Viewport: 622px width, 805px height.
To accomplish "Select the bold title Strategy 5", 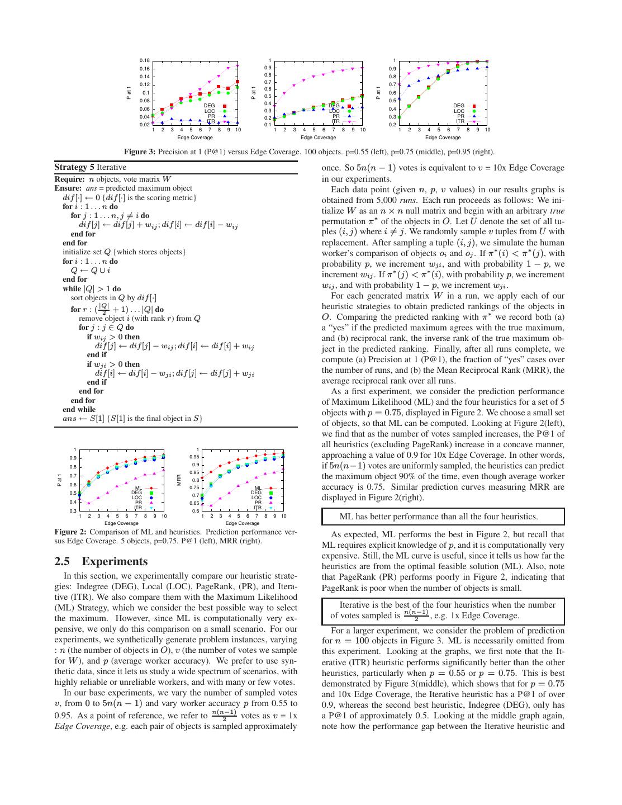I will (x=74, y=167).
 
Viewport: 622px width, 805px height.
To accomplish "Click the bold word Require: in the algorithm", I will (x=68, y=179).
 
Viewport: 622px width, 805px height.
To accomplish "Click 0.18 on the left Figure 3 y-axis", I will (x=144, y=60).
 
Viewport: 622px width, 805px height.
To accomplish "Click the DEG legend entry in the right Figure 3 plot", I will (x=459, y=106).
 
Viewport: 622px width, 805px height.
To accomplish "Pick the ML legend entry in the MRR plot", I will (x=258, y=488).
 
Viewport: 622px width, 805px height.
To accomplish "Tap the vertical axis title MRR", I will (x=179, y=480).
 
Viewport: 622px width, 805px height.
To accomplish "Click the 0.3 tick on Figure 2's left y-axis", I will (x=73, y=511).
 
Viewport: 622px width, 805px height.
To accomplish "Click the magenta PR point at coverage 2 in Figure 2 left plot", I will (x=89, y=503).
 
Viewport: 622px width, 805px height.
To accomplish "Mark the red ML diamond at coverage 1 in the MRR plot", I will (x=202, y=478).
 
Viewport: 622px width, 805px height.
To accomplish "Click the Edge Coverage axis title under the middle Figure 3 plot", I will (x=318, y=138).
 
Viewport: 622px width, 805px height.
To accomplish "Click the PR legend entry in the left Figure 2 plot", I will (x=139, y=503).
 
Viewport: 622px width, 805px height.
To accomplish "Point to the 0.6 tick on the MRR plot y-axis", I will (x=196, y=511).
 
